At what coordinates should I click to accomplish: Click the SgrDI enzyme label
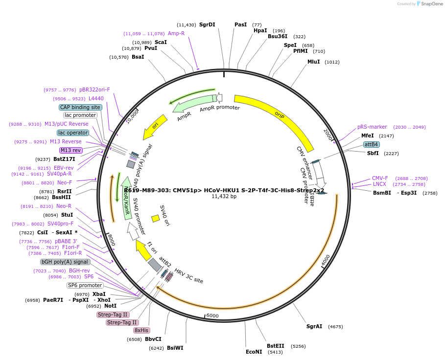[x=207, y=24]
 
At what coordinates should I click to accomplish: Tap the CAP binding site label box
[x=81, y=107]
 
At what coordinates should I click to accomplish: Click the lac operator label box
[x=73, y=133]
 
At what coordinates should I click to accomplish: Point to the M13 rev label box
[x=71, y=150]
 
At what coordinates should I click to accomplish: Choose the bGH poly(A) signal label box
[x=65, y=262]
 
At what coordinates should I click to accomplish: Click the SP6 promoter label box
[x=85, y=285]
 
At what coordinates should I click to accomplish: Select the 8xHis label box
[x=141, y=330]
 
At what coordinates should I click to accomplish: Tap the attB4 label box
[x=371, y=144]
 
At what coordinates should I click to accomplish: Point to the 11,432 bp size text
[x=224, y=197]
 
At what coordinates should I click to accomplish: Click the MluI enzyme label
[x=313, y=62]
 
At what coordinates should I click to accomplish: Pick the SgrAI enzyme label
[x=314, y=326]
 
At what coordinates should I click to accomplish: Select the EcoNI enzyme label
[x=254, y=352]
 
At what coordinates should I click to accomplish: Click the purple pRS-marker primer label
[x=372, y=127]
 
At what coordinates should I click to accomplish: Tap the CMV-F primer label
[x=380, y=178]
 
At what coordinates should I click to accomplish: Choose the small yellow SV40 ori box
[x=155, y=218]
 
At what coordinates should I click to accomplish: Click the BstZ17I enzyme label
[x=64, y=159]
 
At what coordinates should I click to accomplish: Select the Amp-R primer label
[x=176, y=33]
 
